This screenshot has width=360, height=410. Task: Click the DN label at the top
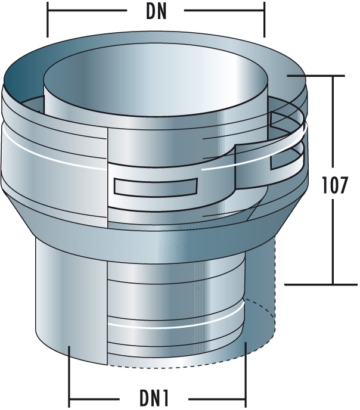156,11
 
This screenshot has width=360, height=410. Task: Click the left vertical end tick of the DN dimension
47,21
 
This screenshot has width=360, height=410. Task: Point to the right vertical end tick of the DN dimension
264,21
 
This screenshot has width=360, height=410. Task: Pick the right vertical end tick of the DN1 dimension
245,375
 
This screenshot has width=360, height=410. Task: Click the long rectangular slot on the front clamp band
156,187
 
